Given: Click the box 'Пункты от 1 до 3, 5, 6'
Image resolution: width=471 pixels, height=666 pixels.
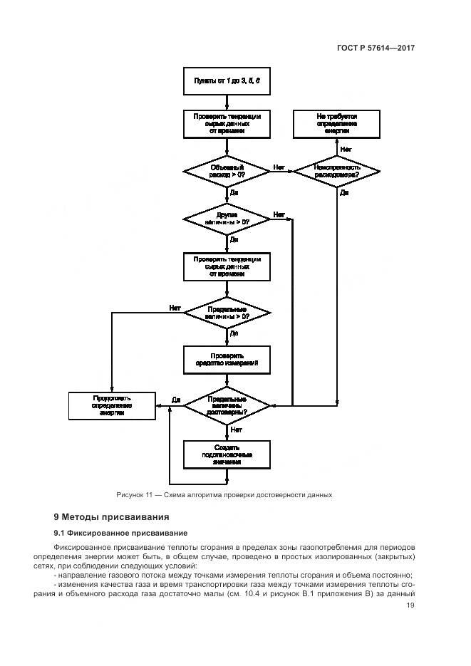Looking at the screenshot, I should click(227, 81).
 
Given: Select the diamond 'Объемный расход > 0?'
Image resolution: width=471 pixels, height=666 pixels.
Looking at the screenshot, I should click(227, 170).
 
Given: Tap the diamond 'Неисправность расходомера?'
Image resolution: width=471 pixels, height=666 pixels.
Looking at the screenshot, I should click(336, 170).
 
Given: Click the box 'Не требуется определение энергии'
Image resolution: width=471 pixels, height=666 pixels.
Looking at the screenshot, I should click(336, 123).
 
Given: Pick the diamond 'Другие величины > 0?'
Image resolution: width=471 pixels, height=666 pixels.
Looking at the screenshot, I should click(227, 218).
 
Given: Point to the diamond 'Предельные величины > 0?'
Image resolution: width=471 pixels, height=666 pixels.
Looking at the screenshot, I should click(227, 313).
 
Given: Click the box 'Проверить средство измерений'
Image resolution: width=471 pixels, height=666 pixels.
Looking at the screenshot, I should click(227, 359).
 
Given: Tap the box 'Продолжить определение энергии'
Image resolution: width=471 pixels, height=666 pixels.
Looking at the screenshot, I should click(112, 405).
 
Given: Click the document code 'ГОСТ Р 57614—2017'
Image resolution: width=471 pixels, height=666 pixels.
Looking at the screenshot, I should click(376, 48).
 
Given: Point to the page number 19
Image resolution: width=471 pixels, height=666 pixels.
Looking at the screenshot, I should click(410, 605).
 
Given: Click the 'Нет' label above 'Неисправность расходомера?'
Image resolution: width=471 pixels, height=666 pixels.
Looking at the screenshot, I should click(346, 149).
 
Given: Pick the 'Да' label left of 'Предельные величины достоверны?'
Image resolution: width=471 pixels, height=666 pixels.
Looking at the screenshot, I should click(175, 400).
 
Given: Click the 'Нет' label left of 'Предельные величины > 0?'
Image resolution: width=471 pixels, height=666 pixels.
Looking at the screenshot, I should click(175, 308).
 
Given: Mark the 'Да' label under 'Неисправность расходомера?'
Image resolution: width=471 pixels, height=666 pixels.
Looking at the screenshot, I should click(344, 192).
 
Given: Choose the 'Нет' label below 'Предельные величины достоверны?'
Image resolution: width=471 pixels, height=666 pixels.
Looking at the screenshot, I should click(236, 430).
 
